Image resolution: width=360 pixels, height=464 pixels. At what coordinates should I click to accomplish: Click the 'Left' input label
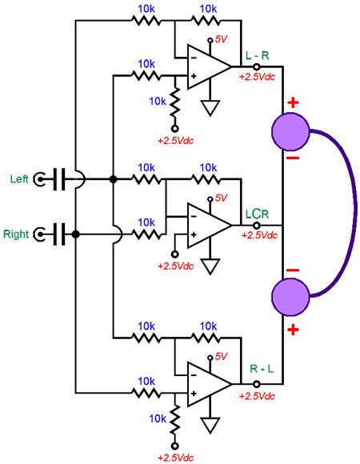coord(19,179)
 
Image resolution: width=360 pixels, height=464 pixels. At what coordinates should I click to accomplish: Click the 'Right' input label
coord(16,234)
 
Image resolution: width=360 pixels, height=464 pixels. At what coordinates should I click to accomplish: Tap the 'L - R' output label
coord(258,55)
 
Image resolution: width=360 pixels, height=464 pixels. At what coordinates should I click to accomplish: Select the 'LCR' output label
coord(257,214)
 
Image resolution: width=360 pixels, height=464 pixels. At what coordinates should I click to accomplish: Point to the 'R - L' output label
coord(262,369)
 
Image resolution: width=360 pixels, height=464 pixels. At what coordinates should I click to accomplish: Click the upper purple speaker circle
coord(290,132)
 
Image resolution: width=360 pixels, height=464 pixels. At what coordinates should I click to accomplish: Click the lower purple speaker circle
coord(290,297)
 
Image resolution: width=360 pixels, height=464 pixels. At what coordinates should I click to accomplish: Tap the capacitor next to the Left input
coord(59,179)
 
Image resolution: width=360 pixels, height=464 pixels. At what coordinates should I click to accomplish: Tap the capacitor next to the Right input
coord(59,234)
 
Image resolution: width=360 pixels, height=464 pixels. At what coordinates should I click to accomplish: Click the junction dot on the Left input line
coord(113,179)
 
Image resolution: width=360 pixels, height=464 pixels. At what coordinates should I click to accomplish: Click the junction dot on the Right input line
coord(76,234)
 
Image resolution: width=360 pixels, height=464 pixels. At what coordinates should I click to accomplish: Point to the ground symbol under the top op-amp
coord(210,108)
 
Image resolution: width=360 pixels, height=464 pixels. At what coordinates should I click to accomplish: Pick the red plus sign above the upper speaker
coord(293,102)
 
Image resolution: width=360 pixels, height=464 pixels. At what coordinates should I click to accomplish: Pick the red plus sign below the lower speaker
coord(293,330)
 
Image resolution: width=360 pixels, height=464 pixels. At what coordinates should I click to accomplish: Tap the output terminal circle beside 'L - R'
coord(257,66)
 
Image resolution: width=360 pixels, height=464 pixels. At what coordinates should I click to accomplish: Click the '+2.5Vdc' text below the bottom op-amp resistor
coord(175,458)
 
